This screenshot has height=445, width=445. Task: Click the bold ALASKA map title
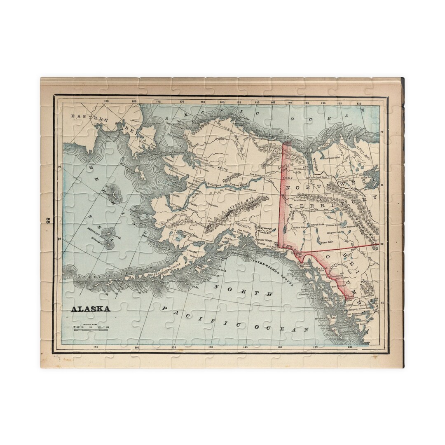point(90,309)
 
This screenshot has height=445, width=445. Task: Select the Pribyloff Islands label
point(99,233)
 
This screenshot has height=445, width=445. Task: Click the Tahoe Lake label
point(328,242)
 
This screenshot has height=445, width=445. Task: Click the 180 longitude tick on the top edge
point(133,101)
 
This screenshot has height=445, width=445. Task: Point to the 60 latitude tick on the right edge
point(382,244)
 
